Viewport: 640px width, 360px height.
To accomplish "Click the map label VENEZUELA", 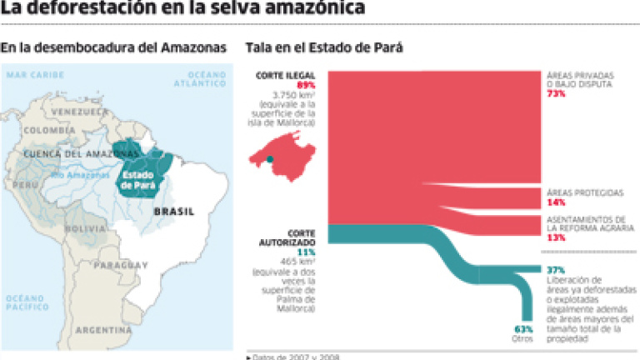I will click(79, 111).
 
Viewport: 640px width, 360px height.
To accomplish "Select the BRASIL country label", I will click(173, 212).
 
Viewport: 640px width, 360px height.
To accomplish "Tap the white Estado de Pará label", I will click(137, 180).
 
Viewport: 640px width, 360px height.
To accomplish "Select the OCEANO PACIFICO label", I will click(25, 302).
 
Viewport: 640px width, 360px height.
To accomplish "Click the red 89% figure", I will click(305, 85).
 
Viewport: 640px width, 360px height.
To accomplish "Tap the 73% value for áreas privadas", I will click(556, 94).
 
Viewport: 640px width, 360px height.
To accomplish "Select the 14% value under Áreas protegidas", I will click(556, 202).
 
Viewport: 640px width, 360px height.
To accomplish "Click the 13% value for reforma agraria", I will click(556, 237).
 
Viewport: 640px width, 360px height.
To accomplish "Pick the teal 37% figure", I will click(556, 269).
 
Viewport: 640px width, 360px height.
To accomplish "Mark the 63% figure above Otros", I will click(522, 327).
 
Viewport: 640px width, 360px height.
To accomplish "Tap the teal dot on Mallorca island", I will click(270, 158).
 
